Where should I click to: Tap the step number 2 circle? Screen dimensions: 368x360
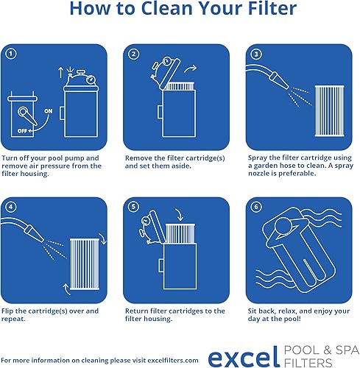coord(133,54)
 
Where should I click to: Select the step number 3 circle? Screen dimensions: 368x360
coord(255,54)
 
